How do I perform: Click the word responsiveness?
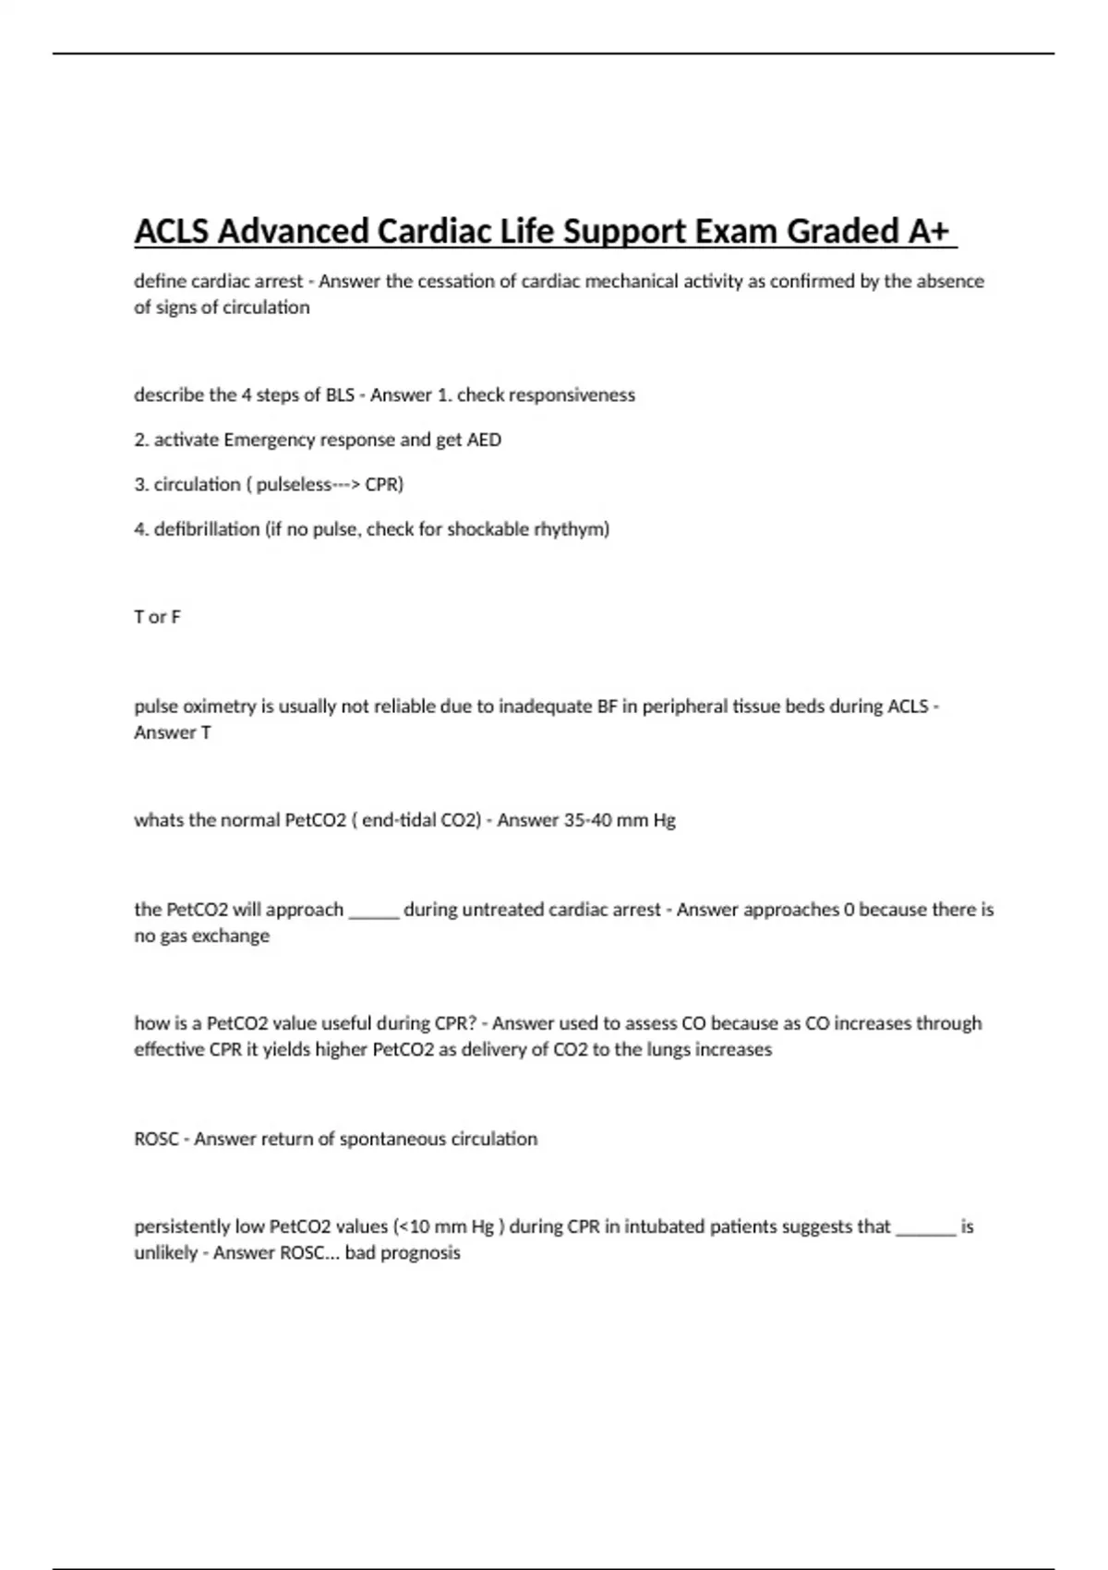[x=572, y=394]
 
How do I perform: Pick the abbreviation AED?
[x=484, y=440]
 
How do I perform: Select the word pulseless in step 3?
[x=294, y=484]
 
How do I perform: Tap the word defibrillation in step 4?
[x=207, y=529]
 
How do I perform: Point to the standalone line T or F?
[x=157, y=617]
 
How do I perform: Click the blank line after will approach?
[x=373, y=912]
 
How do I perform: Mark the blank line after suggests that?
[x=925, y=1230]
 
